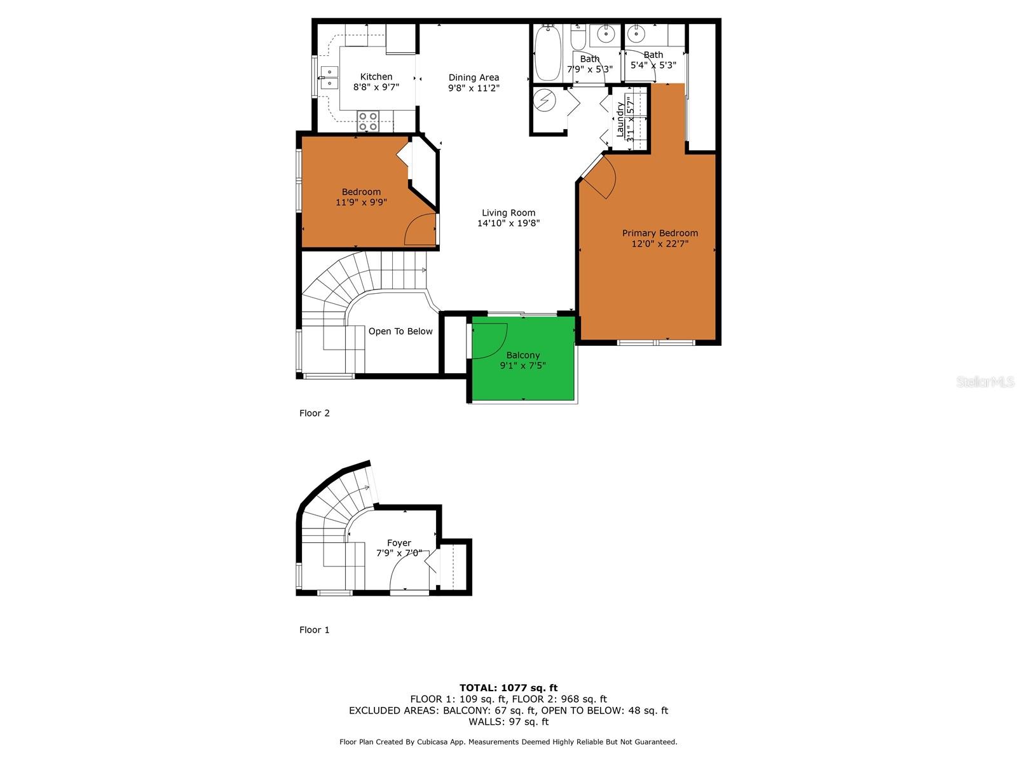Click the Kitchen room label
click(376, 77)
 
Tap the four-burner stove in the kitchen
click(368, 121)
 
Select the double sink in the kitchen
click(329, 77)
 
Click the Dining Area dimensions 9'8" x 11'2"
click(474, 88)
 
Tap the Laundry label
click(620, 119)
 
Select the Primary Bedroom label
click(660, 233)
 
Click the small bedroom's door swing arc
click(420, 230)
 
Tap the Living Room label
click(508, 213)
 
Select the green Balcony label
click(523, 355)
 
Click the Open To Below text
click(400, 331)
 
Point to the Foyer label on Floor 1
click(399, 543)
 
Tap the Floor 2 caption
click(315, 413)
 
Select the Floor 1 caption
click(315, 630)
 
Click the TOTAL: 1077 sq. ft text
click(508, 687)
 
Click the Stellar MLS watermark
click(985, 381)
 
